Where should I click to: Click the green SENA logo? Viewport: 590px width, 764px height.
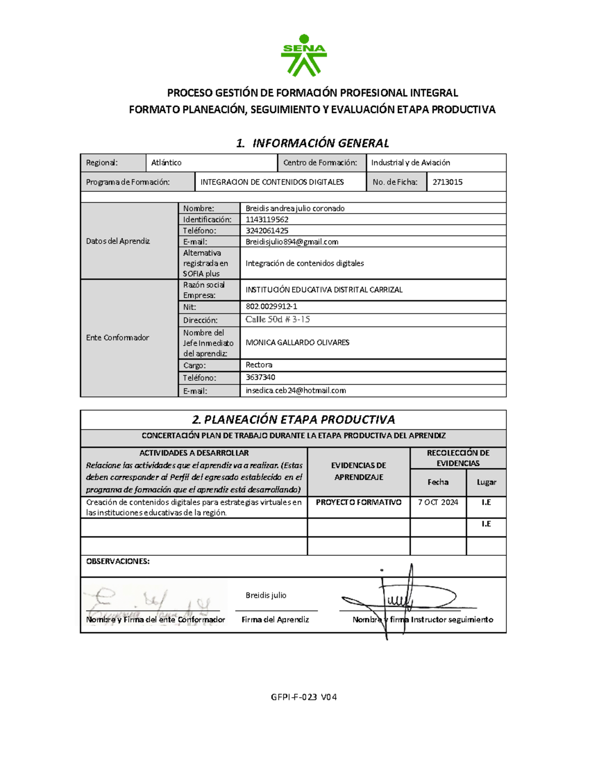303,55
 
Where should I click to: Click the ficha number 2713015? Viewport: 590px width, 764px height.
447,182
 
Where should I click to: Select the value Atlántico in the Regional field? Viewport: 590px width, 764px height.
166,163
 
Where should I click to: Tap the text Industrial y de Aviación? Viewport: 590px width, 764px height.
411,163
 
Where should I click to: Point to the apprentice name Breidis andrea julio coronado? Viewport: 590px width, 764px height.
295,209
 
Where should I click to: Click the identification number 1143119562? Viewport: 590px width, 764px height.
267,220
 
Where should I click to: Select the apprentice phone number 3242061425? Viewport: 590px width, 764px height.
267,231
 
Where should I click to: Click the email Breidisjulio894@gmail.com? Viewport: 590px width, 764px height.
292,242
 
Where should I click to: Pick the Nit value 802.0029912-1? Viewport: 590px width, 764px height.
271,306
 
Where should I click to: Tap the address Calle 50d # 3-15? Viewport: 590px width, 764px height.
278,320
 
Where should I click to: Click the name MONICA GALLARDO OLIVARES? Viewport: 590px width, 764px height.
297,342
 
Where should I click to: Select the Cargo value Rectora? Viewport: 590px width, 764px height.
259,365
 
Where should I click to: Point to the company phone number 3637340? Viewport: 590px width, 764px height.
261,377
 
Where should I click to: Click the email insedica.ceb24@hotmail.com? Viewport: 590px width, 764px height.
296,391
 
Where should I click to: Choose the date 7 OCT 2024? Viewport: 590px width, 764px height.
438,502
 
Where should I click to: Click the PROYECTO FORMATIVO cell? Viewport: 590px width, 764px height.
358,502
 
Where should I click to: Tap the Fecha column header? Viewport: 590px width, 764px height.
438,482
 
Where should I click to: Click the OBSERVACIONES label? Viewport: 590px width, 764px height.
118,561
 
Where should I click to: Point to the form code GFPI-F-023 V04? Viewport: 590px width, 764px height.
304,697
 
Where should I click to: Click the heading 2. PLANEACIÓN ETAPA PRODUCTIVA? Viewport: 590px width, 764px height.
293,420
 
